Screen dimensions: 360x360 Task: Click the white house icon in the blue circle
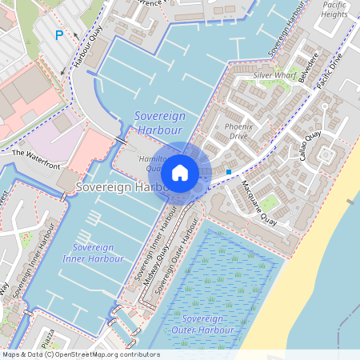pos(180,172)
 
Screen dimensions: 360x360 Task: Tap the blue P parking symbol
pos(58,35)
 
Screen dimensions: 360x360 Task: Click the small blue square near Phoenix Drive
pos(229,171)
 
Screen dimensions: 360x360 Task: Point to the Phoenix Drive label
pos(241,131)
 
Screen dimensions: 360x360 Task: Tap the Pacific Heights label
pos(334,10)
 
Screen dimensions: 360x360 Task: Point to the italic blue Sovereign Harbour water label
pos(160,123)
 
